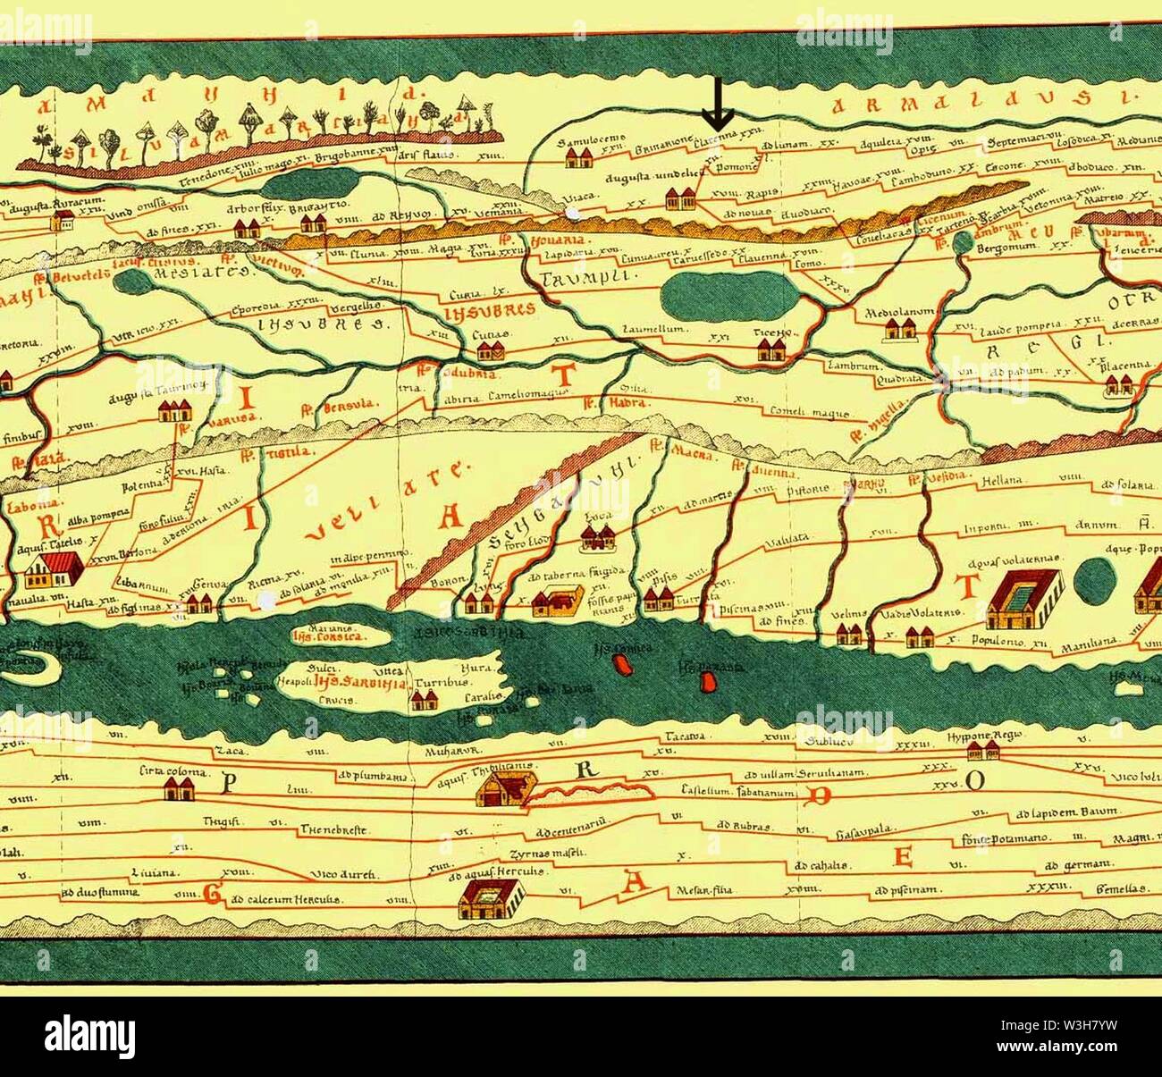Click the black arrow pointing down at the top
[717, 104]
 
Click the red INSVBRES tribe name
[488, 309]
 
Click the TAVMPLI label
[586, 277]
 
